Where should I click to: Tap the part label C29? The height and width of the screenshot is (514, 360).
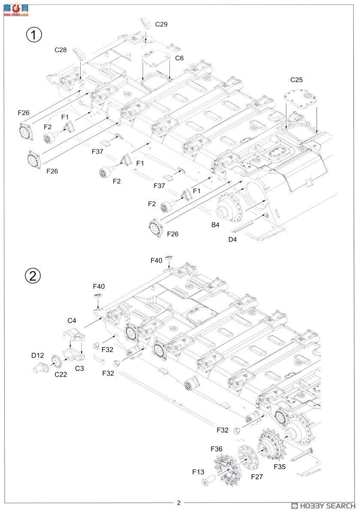162,24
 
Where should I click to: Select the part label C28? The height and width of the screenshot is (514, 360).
60,50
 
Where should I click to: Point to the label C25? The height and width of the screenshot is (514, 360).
296,80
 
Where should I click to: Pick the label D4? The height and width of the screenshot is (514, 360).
232,239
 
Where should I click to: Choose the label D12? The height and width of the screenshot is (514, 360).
37,355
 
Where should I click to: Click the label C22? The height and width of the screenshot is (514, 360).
60,374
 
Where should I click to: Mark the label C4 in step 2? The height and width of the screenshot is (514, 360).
72,320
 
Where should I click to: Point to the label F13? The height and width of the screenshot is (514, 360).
198,472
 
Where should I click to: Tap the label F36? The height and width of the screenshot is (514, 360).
216,449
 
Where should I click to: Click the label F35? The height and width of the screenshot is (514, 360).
279,466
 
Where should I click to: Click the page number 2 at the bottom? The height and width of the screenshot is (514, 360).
179,503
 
